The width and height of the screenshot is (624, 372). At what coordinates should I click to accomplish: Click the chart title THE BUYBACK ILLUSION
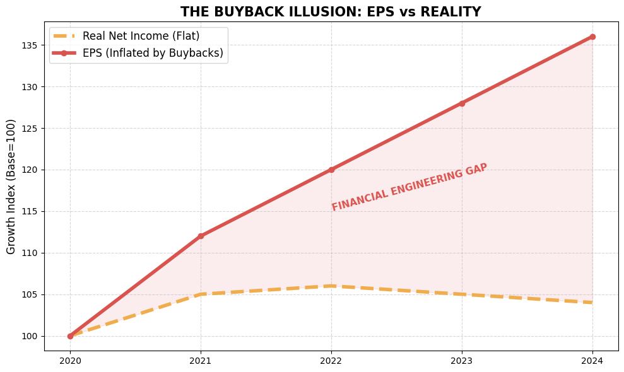(x=331, y=12)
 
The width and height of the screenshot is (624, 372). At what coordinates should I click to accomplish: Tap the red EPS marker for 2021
(x=201, y=236)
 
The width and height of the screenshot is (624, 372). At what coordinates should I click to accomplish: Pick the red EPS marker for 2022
(x=331, y=170)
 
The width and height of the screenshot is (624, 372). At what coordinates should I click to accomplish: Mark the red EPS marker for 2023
(x=462, y=103)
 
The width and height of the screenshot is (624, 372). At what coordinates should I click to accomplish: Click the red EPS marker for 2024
(x=592, y=37)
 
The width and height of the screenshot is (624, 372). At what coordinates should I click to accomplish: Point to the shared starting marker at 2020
(x=70, y=336)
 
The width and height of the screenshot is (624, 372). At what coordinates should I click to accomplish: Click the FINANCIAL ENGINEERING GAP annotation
(x=409, y=187)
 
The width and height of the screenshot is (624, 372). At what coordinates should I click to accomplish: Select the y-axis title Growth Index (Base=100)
(x=11, y=187)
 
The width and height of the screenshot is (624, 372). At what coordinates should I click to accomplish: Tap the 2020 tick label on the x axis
(x=70, y=361)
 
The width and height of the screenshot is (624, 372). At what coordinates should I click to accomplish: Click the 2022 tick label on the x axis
(x=331, y=361)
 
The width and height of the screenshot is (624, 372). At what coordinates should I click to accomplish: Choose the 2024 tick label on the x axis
(x=592, y=361)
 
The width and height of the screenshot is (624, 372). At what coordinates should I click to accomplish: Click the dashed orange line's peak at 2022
(x=331, y=286)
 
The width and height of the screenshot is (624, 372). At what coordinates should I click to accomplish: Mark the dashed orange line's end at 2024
(x=592, y=303)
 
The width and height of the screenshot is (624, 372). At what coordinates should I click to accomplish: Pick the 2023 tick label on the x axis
(x=462, y=361)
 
